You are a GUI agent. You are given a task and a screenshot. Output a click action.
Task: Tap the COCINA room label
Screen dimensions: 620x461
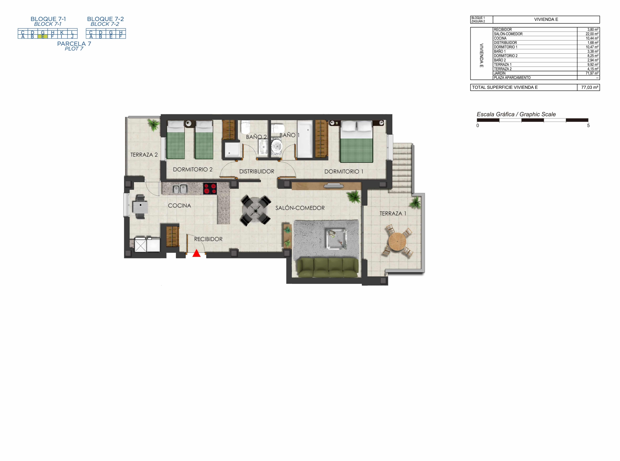179,206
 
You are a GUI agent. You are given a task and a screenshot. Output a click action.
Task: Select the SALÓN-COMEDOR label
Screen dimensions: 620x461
300,208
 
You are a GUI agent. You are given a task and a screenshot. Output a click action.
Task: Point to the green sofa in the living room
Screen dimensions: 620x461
327,268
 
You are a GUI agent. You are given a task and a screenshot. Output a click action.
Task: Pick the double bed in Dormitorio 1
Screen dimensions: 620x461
356,141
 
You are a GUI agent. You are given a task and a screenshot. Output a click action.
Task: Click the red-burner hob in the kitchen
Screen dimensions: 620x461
210,189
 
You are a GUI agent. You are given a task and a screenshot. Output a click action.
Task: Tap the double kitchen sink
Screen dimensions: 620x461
180,189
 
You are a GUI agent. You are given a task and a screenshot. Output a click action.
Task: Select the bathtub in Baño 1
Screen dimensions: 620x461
305,139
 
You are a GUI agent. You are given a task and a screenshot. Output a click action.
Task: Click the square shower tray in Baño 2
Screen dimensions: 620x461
231,150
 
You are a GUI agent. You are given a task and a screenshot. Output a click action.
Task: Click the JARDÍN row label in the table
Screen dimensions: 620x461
500,73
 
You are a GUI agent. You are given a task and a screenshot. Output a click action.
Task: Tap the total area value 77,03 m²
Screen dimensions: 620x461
589,87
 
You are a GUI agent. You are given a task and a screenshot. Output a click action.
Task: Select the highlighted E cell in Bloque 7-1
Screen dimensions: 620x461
43,37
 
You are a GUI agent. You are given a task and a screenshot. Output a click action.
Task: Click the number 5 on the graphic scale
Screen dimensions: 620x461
589,125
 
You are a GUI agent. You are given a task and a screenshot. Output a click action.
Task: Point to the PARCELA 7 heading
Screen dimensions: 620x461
74,44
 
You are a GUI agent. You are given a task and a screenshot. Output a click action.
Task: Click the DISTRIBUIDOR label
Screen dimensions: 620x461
257,172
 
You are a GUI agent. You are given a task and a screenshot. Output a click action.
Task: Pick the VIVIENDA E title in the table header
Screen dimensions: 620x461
546,20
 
